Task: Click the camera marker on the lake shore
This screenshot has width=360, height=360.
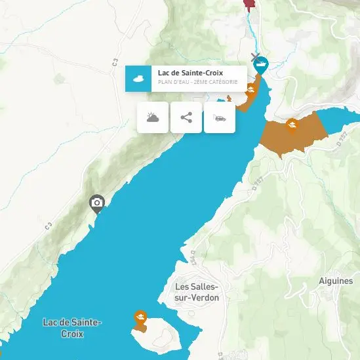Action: coord(97,203)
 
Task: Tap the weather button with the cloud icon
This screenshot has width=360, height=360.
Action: coord(153,118)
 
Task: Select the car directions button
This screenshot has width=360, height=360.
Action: coord(220,118)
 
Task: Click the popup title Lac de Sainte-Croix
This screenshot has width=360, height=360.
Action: coord(180,73)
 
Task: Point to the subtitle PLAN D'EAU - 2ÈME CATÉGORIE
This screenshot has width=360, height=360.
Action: coord(197,83)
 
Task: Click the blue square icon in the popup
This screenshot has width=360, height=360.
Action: coord(138,79)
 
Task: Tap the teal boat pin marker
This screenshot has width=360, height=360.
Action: coord(261,66)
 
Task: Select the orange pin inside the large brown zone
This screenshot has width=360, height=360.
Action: coord(292,124)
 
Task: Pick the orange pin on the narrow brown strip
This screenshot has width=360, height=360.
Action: coord(250,90)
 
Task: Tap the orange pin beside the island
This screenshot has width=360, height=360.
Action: coord(140,318)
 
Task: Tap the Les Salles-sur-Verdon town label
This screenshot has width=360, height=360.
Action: coord(197,292)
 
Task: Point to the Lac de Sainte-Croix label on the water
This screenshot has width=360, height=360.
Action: coord(71,328)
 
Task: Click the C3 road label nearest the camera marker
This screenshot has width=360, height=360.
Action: coord(49,226)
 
